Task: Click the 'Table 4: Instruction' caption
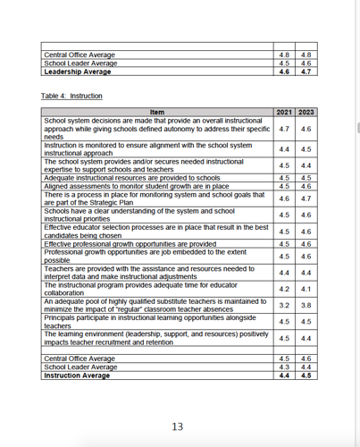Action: tap(71, 96)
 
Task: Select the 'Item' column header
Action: tap(156, 112)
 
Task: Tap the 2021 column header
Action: tap(284, 112)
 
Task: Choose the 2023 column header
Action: tap(306, 112)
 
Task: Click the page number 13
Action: tap(177, 426)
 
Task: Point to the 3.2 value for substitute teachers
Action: tap(284, 305)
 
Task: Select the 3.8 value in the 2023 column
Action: tap(306, 305)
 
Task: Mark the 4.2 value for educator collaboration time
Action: tap(284, 289)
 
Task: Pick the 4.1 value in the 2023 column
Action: tap(306, 289)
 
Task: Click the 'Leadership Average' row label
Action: tap(78, 72)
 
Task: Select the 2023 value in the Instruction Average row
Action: tap(306, 375)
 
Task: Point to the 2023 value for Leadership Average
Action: tap(306, 72)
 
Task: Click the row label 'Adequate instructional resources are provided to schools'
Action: tap(132, 178)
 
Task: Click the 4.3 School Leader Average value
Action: tap(284, 367)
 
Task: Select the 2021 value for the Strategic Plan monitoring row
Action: tap(284, 198)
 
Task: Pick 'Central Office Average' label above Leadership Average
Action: tap(80, 55)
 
